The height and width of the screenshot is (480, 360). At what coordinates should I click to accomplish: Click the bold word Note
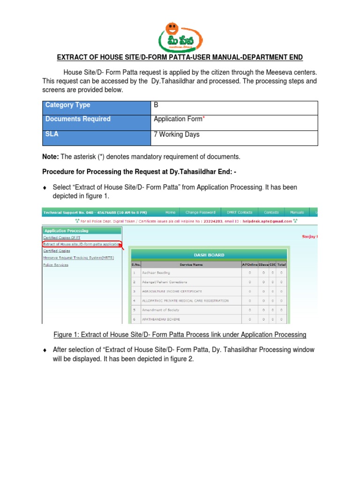(50, 156)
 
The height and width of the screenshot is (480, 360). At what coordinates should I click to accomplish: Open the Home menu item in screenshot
(170, 212)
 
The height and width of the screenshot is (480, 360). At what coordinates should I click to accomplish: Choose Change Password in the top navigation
(200, 212)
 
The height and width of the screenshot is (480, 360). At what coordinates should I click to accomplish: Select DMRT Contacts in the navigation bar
(239, 212)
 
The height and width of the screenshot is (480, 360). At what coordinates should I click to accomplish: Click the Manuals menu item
(297, 212)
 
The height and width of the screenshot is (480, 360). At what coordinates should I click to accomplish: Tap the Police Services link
(55, 265)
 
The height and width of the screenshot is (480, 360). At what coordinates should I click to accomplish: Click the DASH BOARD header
(209, 255)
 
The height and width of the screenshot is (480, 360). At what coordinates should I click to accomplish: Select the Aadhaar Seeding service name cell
(157, 272)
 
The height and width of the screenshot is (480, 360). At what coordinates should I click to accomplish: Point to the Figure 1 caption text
(180, 335)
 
